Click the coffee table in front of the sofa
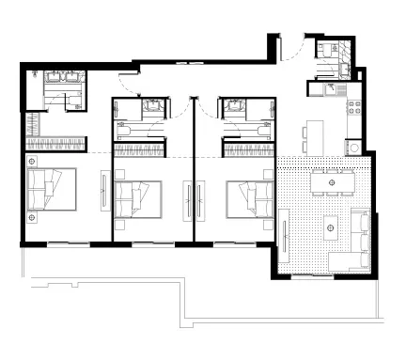coord(330,225)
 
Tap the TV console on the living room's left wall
coord(283,230)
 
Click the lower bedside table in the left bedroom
coord(32,216)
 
